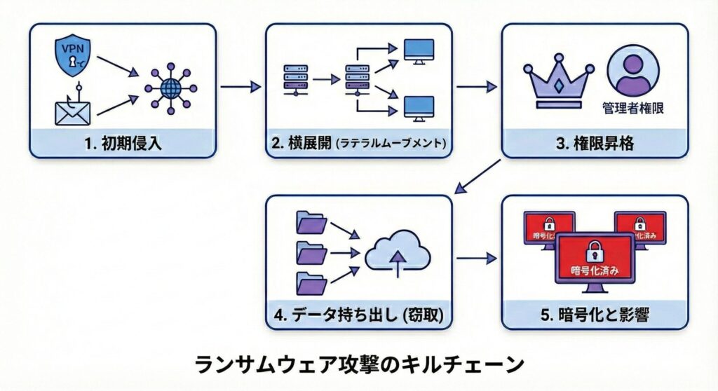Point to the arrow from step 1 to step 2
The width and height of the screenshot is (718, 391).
pyautogui.click(x=240, y=88)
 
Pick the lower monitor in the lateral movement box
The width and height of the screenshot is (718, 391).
pyautogui.click(x=421, y=107)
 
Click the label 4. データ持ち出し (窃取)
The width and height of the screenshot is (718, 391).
pyautogui.click(x=358, y=315)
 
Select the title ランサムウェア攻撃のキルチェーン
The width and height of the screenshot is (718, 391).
pyautogui.click(x=358, y=364)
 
